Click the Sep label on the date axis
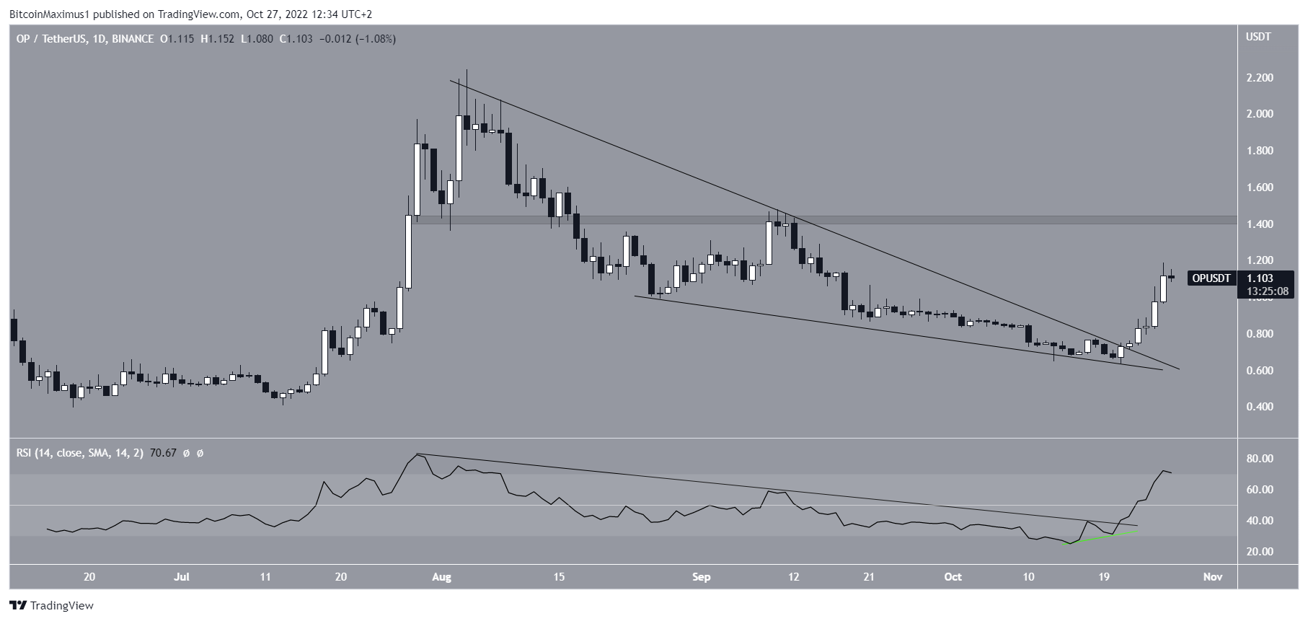[701, 577]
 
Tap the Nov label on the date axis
[1214, 577]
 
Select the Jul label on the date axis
[182, 577]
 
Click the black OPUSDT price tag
[1212, 278]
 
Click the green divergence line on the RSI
[1102, 538]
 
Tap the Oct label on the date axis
[953, 577]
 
